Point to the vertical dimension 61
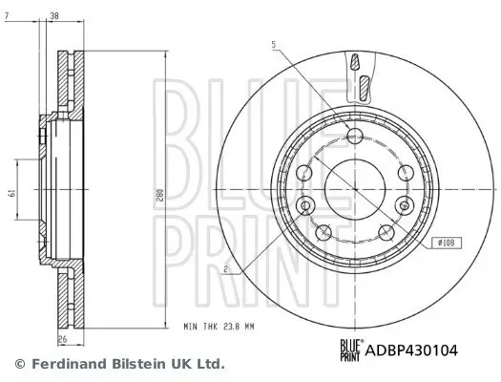click(12, 192)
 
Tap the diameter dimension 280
click(170, 194)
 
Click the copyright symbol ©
click(19, 364)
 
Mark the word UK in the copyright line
click(170, 364)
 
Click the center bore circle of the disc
click(354, 187)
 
